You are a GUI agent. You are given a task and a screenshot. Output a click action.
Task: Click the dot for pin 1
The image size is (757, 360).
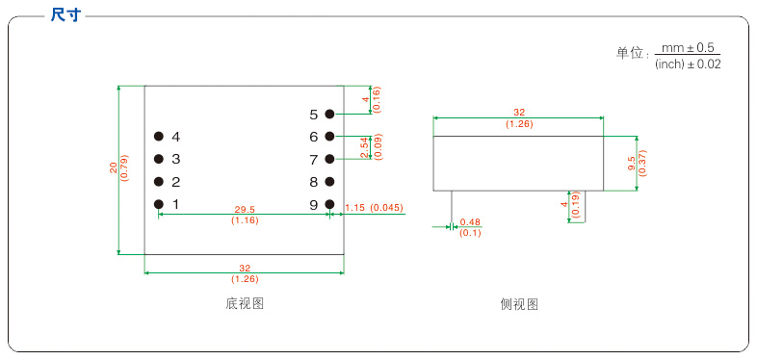tap(158, 204)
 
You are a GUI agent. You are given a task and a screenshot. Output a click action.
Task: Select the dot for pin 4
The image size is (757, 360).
tap(158, 136)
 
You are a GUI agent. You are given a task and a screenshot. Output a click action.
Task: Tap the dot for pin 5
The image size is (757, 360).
tap(329, 114)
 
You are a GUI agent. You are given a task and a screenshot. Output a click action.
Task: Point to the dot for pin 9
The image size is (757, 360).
tap(329, 204)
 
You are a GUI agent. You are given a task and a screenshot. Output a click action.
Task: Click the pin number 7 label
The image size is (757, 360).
tap(313, 160)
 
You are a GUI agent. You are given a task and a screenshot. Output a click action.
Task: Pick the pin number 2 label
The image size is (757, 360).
tap(176, 182)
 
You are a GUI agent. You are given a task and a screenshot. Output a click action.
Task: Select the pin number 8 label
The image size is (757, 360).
tap(313, 182)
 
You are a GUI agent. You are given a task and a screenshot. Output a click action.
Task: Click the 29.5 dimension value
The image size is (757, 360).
tap(245, 209)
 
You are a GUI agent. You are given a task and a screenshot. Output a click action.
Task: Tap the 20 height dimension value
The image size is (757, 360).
tap(113, 168)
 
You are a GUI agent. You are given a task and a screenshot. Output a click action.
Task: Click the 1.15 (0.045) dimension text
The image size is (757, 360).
tap(374, 208)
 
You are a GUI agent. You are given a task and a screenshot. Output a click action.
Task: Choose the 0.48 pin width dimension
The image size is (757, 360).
tap(470, 222)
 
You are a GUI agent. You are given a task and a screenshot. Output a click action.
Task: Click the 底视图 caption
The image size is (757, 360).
tap(245, 304)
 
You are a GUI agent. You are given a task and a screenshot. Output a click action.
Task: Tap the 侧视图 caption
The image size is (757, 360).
tap(519, 304)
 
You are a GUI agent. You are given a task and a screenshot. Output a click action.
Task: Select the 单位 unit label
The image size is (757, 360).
tap(629, 55)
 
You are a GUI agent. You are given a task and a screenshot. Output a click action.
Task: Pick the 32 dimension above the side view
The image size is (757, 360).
tap(519, 113)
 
